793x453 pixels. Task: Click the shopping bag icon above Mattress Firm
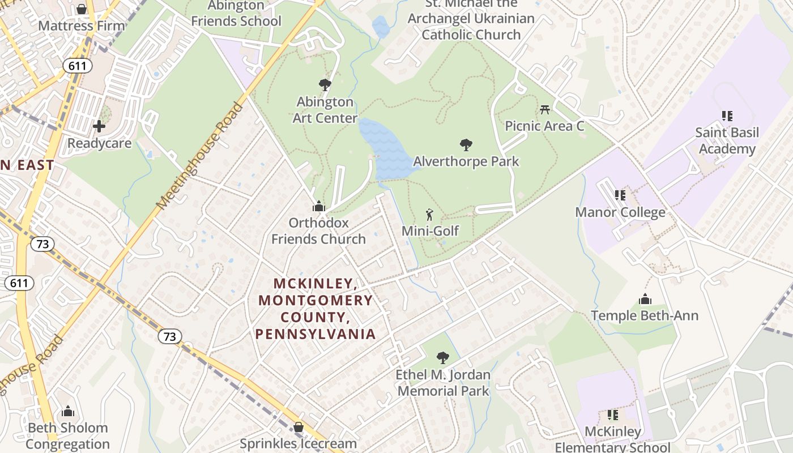pos(82,9)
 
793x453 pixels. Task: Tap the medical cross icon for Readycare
pos(99,126)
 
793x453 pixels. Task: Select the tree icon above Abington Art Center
pos(325,85)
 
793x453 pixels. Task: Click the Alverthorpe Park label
pos(466,161)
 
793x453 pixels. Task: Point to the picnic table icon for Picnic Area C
pos(545,109)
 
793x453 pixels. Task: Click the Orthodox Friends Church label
pos(318,231)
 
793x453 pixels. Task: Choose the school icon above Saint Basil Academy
pos(727,116)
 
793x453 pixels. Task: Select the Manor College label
pos(620,212)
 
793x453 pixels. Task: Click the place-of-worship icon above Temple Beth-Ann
pos(645,299)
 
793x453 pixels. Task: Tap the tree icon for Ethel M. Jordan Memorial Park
pos(443,358)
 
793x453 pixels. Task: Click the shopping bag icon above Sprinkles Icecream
pos(298,427)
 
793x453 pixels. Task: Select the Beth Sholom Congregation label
pos(67,435)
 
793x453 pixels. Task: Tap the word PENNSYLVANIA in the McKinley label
pos(316,334)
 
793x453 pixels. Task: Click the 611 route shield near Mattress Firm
pos(78,66)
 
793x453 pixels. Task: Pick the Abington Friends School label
pos(236,14)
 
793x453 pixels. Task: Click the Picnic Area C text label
pos(544,126)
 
